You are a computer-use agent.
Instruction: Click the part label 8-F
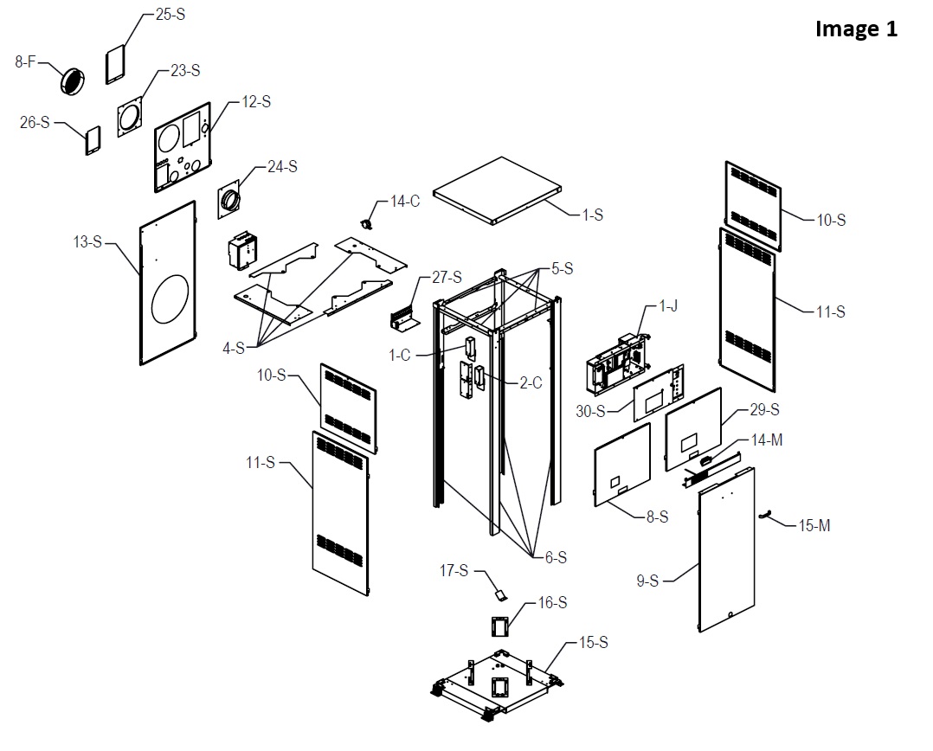point(26,61)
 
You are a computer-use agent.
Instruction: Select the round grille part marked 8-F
point(74,81)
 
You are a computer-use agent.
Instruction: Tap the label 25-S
point(171,15)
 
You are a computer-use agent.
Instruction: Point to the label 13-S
point(87,241)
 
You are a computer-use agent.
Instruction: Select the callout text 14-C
point(405,202)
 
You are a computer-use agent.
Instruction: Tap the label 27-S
point(447,278)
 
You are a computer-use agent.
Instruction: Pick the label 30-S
point(591,411)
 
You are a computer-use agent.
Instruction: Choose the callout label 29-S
point(763,408)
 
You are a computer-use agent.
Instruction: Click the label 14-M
point(767,440)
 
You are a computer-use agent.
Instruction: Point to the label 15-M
point(814,525)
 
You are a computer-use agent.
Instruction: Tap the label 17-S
point(454,570)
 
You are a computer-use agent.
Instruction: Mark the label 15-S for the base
point(593,642)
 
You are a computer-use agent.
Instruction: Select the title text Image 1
point(856,29)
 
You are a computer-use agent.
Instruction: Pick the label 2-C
point(531,383)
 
